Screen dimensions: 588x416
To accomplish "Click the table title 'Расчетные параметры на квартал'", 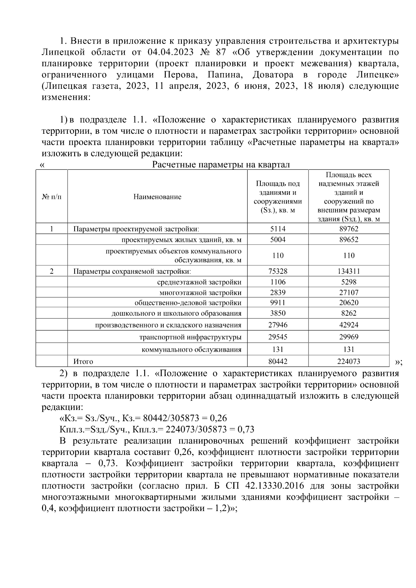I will coord(221,165).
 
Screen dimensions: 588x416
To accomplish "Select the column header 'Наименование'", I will coord(157,197).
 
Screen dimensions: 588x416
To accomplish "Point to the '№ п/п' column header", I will coord(52,197).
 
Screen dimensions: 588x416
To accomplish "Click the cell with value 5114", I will coord(278,229).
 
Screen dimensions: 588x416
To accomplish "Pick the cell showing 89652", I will coord(348,239).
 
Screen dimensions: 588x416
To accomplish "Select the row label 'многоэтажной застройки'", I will coord(200,292).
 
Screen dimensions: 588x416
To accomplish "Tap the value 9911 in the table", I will coord(278,302).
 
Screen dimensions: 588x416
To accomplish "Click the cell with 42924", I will coord(348,325).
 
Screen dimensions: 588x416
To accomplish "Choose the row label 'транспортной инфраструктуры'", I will coord(190,337).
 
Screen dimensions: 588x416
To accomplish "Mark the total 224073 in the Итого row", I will coord(348,361).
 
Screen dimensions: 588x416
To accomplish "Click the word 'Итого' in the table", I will coord(83,361).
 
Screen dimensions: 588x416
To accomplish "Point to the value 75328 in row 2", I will coord(278,271).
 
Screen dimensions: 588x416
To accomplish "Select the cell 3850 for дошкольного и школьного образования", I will coord(278,313).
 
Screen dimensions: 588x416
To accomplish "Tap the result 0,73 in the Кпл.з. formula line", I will coord(246,430).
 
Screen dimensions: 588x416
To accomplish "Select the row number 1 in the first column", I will coord(52,229).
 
